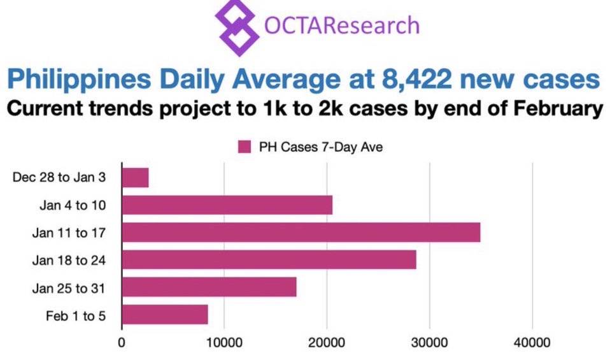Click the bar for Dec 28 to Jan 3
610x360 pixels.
click(135, 178)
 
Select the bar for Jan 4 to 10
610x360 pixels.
click(227, 205)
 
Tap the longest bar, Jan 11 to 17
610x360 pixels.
click(301, 233)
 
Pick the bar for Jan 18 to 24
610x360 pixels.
click(269, 260)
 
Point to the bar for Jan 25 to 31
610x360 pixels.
click(209, 287)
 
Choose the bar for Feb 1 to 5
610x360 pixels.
click(164, 315)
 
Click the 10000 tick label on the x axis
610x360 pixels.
click(223, 343)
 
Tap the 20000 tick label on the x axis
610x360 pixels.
click(327, 343)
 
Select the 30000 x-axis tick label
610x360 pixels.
click(430, 343)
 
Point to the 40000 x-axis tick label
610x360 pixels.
click(532, 343)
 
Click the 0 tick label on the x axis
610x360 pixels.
click(122, 343)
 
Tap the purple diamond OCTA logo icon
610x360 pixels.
click(237, 27)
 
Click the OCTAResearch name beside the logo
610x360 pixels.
click(342, 25)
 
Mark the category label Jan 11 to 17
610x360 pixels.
click(69, 233)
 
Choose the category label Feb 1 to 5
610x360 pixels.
click(75, 315)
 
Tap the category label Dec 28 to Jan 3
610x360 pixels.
click(59, 178)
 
